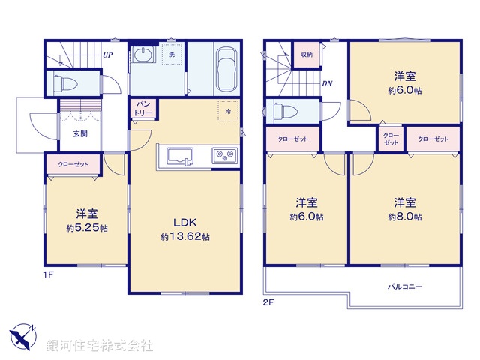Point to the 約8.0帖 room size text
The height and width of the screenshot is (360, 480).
click(405, 217)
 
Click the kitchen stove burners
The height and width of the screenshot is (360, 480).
click(224, 156)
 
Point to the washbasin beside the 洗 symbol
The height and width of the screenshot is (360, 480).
click(142, 56)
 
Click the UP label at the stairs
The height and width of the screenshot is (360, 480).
click(108, 55)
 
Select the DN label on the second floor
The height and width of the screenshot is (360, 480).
click(327, 83)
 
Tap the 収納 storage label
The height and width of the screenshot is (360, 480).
click(307, 55)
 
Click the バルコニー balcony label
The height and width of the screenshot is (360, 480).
click(405, 286)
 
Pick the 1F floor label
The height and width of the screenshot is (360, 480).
click(47, 275)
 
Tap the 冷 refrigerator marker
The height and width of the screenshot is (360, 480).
click(228, 111)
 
